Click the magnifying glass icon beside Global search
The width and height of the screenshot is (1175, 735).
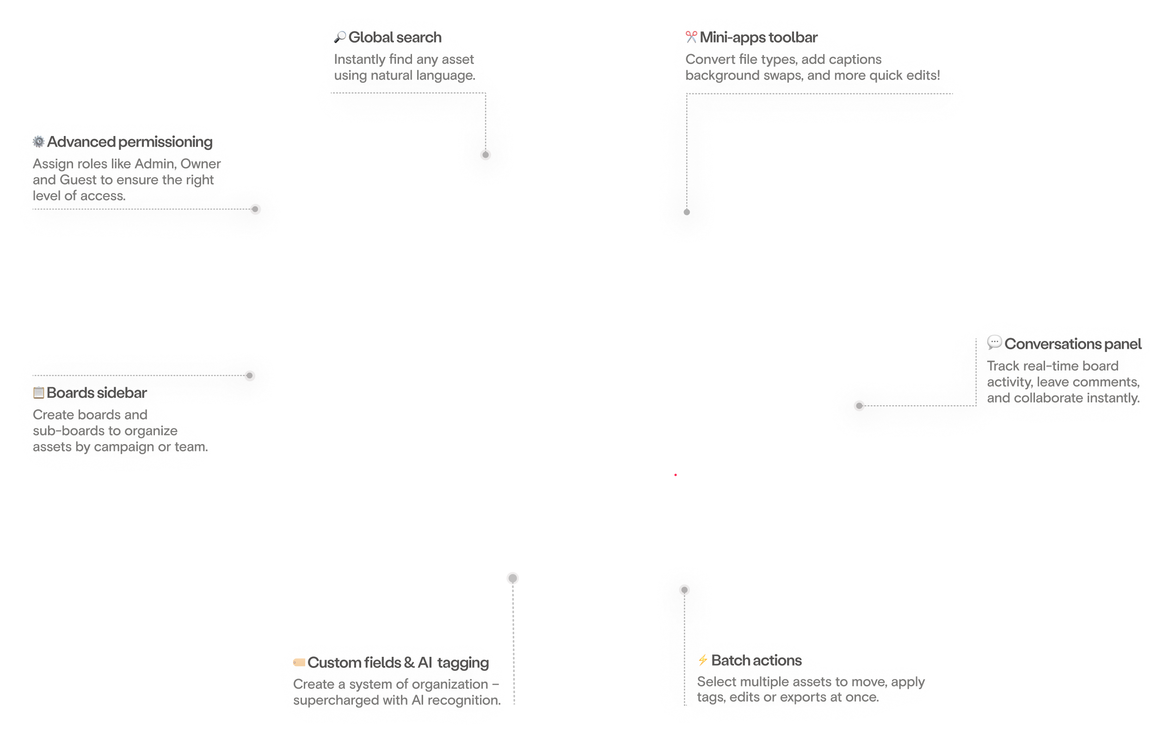coord(342,36)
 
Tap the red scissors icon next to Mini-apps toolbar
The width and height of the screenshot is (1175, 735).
coord(691,35)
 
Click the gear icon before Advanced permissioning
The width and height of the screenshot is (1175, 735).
coord(39,142)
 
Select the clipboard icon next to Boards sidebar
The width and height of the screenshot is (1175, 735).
coord(39,392)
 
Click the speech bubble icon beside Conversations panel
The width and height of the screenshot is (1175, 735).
coord(994,342)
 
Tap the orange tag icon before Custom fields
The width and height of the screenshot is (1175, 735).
coord(299,662)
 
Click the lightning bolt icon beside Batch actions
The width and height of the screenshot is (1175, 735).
coord(703,660)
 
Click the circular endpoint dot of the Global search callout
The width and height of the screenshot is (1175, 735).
coord(486,154)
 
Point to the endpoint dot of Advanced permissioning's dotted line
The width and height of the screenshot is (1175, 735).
coord(256,209)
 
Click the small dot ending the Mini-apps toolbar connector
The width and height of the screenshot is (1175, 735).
coord(687,212)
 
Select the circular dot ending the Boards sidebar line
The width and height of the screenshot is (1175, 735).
coord(250,376)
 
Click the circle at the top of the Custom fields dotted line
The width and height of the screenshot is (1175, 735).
coord(513,578)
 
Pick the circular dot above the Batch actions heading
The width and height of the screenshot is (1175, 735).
coord(684,590)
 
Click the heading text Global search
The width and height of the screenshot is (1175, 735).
coord(395,37)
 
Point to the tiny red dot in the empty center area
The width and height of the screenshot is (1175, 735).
coord(676,475)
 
